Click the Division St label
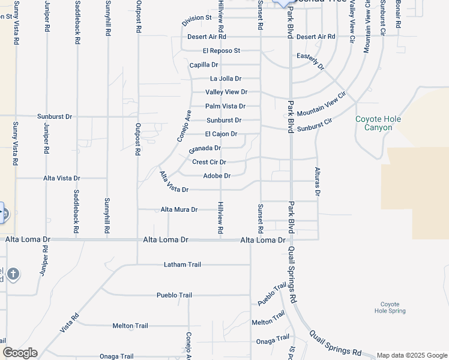(x=197, y=19)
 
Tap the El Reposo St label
(x=221, y=51)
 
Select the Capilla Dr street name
(x=203, y=65)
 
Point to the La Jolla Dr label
(x=226, y=79)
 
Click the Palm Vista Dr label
(x=225, y=106)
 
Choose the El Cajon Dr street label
(x=221, y=134)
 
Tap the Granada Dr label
(x=205, y=148)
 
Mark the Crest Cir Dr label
(x=209, y=162)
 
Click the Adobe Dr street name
(x=217, y=176)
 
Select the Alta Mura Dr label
(x=179, y=209)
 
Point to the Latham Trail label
(x=182, y=265)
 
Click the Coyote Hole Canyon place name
(x=378, y=123)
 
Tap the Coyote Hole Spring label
(x=390, y=308)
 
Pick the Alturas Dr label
(x=318, y=182)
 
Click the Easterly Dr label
(x=310, y=61)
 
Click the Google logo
(x=20, y=353)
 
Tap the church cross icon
(x=13, y=275)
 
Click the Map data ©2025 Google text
(x=411, y=355)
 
